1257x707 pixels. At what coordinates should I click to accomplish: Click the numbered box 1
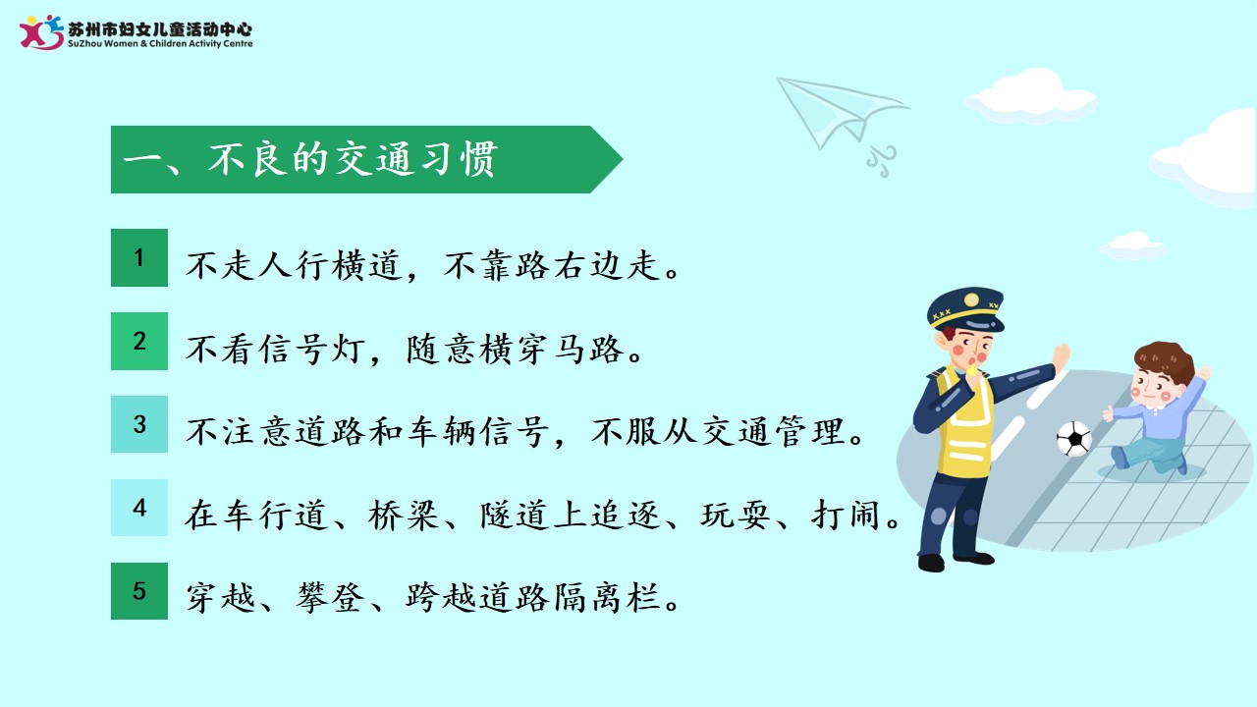[139, 257]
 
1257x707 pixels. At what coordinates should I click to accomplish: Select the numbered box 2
[139, 341]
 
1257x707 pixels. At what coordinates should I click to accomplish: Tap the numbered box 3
[139, 424]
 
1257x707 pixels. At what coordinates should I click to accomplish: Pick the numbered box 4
[139, 508]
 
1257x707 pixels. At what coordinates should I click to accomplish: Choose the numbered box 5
[139, 591]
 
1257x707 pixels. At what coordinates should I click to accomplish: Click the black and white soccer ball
[1074, 438]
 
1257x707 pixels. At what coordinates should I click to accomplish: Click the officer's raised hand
[1061, 356]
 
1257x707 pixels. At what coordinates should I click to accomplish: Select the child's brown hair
[1166, 358]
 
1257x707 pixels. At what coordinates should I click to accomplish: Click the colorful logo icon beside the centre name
[41, 32]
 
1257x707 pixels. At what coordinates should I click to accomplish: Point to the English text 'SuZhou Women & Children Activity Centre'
[160, 44]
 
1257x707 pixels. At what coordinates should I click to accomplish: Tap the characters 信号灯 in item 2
[312, 349]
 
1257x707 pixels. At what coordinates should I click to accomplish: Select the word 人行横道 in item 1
[331, 265]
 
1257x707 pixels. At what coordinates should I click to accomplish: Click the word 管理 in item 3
[810, 432]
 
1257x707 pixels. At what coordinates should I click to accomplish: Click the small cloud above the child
[1133, 245]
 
